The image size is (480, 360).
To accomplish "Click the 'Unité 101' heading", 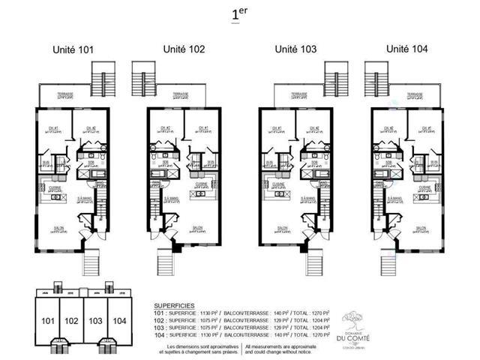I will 73,51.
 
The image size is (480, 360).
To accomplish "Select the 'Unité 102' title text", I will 184,49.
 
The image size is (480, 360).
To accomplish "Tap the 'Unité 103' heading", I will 295,49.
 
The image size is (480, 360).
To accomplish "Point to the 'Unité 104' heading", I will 407,49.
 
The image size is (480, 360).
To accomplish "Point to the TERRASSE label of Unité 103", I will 302,94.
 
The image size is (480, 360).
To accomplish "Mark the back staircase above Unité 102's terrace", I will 142,74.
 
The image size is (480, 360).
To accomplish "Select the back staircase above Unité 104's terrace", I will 374,74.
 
